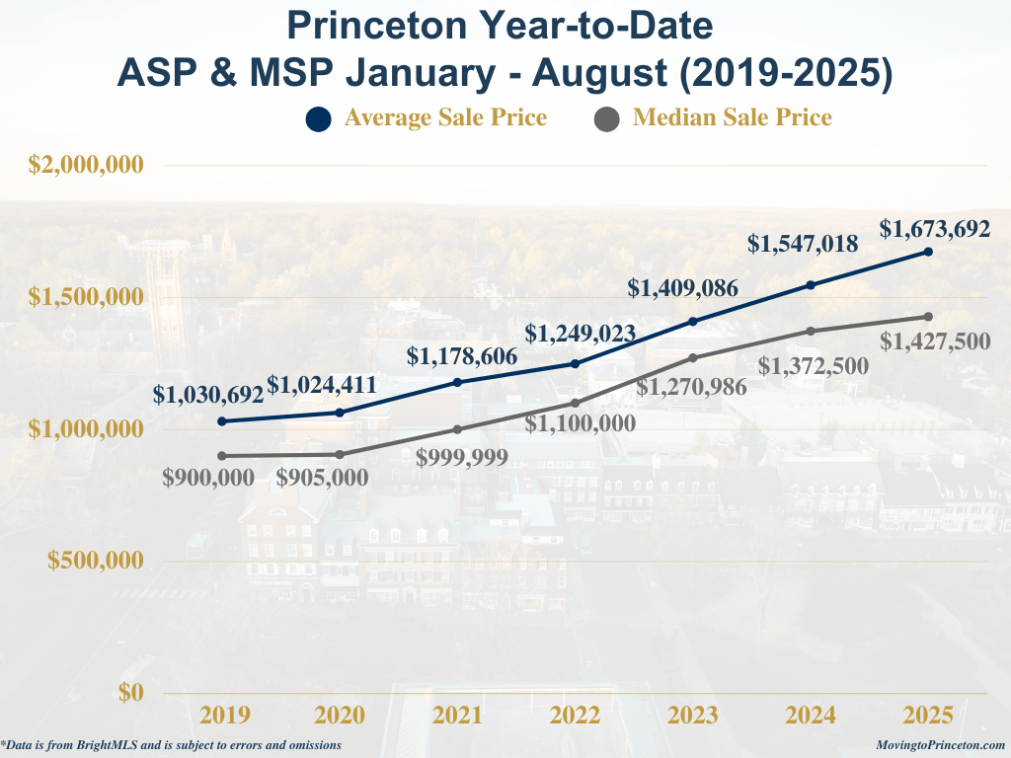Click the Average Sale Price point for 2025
tap(928, 252)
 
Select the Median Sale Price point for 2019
tap(222, 456)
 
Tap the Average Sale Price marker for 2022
tap(576, 364)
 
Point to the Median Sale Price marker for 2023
tap(693, 357)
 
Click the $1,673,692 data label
tap(935, 229)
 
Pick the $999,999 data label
tap(462, 458)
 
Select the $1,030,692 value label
tap(208, 395)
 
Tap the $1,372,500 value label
tap(814, 366)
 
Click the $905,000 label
tap(322, 478)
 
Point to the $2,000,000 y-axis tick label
tap(86, 165)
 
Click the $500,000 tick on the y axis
tap(96, 561)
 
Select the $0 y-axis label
tap(131, 692)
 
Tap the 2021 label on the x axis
tap(457, 716)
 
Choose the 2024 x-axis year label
tap(811, 716)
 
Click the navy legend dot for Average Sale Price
tap(319, 119)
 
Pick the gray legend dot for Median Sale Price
tap(607, 119)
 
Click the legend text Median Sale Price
tap(733, 117)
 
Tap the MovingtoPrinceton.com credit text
tap(941, 745)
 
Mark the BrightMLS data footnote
tap(171, 745)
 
